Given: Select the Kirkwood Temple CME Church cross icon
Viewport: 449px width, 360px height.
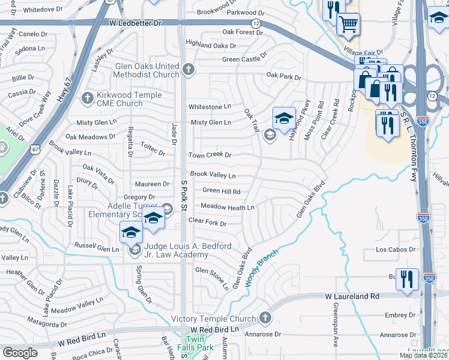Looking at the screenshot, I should (88, 97).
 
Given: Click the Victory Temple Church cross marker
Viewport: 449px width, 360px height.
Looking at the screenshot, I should (265, 318).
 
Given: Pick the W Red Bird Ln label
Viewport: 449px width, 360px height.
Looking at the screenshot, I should (82, 342).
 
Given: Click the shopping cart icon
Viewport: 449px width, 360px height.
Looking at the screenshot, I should (348, 23).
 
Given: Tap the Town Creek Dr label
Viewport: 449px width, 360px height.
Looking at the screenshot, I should (209, 155).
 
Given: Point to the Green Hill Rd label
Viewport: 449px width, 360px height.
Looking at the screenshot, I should (221, 191).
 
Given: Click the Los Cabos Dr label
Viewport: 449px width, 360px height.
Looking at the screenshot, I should (396, 250).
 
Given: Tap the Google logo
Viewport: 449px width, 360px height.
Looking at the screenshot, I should (20, 353).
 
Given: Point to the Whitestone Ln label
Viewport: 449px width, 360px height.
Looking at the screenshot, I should (209, 107).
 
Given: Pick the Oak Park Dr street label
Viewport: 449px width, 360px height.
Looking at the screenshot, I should (283, 76).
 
